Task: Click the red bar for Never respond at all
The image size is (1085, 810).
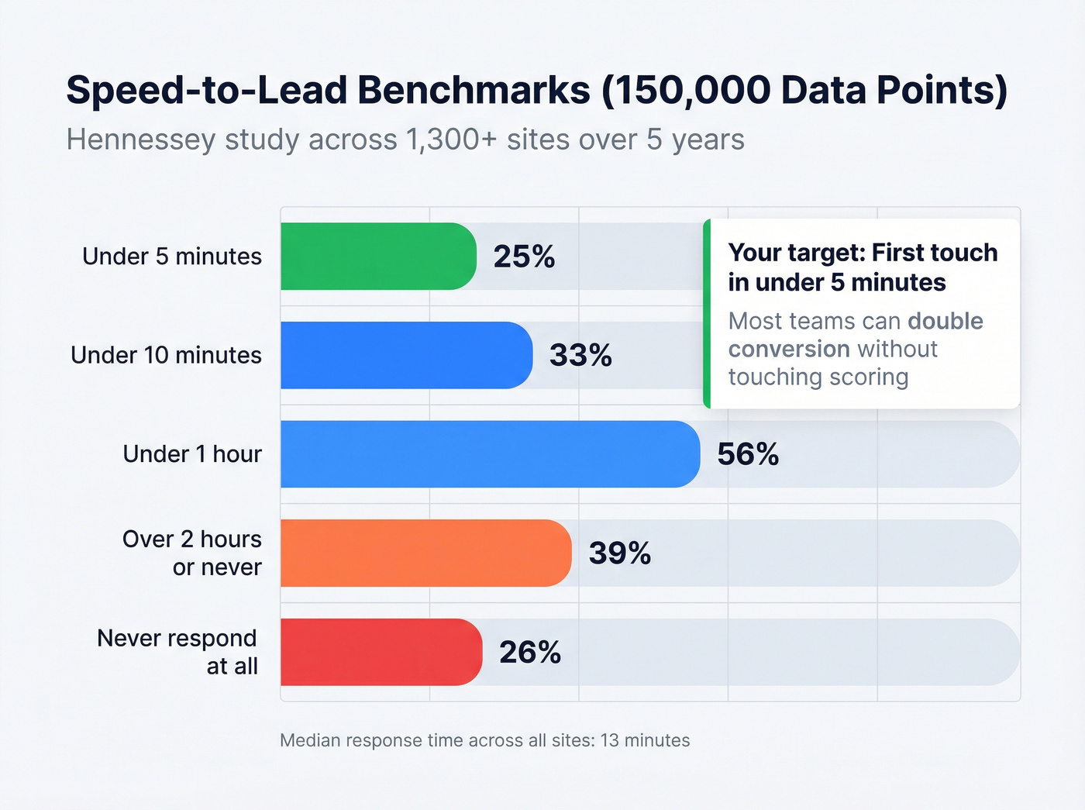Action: click(x=381, y=652)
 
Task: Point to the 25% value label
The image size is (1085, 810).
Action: click(x=524, y=257)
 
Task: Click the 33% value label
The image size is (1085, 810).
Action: click(x=580, y=356)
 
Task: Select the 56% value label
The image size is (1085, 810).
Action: click(x=747, y=454)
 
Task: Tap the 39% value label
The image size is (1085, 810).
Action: click(x=619, y=553)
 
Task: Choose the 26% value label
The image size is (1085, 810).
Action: click(x=529, y=653)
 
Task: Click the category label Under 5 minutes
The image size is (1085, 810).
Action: click(x=172, y=257)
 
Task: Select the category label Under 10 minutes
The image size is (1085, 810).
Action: click(x=166, y=355)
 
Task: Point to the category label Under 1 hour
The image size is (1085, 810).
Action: click(x=192, y=454)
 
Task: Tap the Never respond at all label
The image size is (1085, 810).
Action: click(x=177, y=652)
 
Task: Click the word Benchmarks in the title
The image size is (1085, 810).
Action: click(x=474, y=90)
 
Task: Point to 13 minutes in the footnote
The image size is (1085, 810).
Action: click(x=645, y=740)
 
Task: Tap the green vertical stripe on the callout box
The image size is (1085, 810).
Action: click(x=707, y=314)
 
